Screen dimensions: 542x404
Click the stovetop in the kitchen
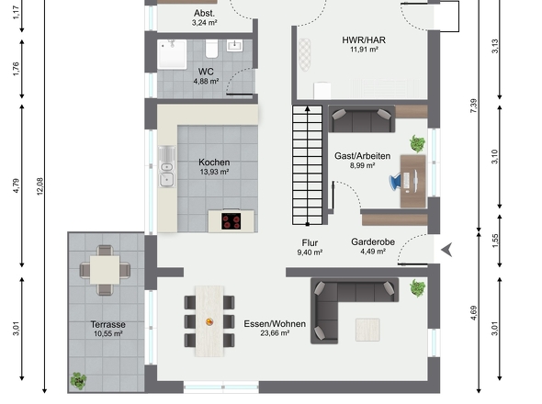[x=231, y=221]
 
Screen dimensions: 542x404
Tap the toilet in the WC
[x=212, y=49]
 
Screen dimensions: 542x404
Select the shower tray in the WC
[x=172, y=54]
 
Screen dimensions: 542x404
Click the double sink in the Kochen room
[x=166, y=167]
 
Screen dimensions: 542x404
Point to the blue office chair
[x=395, y=182]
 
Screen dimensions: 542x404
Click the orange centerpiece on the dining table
[x=209, y=322]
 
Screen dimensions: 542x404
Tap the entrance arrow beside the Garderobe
[x=447, y=250]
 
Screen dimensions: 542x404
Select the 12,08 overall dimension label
[x=40, y=186]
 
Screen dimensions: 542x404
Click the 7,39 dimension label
[x=473, y=106]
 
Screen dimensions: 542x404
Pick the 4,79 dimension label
[x=17, y=185]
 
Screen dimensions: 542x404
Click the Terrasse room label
[x=107, y=324]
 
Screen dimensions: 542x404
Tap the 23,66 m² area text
[x=275, y=333]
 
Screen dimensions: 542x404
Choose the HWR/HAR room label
[x=364, y=40]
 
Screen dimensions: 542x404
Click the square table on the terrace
[x=105, y=270]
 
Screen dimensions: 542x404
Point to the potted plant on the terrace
[x=78, y=381]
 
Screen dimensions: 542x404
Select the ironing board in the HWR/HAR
[x=304, y=55]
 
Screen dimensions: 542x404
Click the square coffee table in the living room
[x=367, y=330]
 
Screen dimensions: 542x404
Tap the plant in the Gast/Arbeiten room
[x=418, y=143]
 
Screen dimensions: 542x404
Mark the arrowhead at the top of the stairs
[x=308, y=109]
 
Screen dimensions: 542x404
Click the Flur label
[x=310, y=243]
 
